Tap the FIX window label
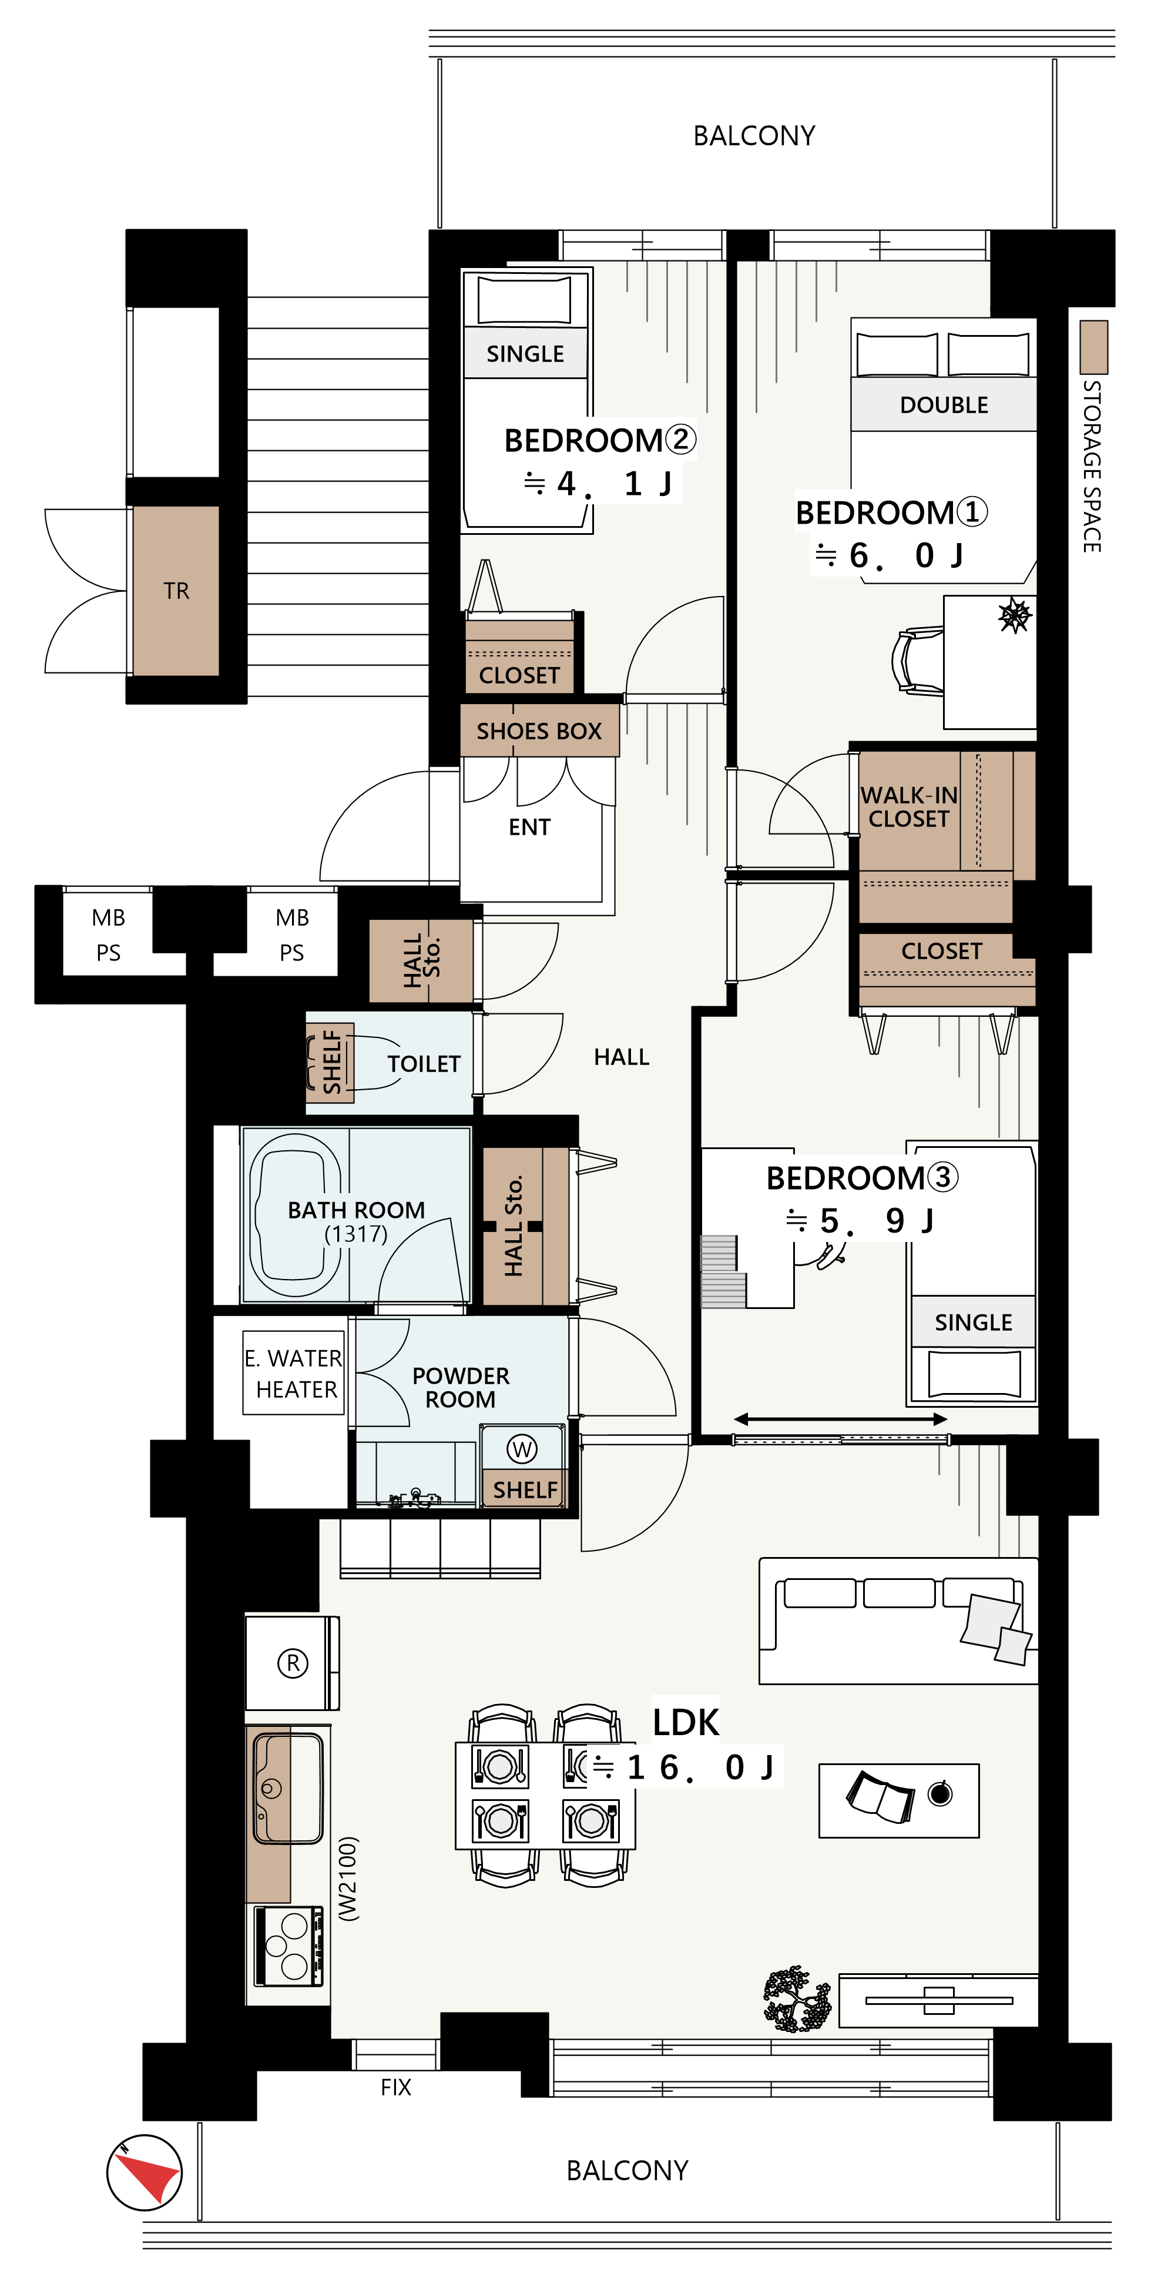pos(395,2087)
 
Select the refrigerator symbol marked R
pos(293,1662)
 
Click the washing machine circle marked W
pos(522,1449)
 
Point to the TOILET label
pos(424,1063)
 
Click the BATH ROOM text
pos(357,1210)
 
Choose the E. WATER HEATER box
pos(293,1372)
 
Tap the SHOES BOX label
pos(539,731)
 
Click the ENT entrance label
pos(530,827)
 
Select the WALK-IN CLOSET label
pos(910,806)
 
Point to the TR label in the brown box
pos(176,591)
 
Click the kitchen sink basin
pos(289,1787)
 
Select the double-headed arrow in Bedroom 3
pos(840,1419)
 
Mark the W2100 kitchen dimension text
pos(348,1879)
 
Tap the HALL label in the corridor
pos(621,1056)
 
